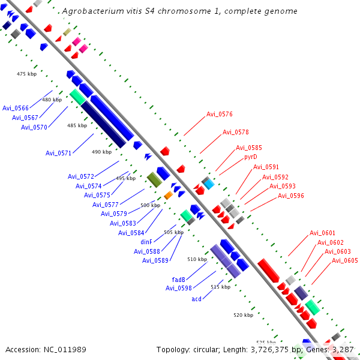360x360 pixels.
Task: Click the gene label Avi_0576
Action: [x=219, y=114]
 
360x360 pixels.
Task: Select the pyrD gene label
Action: [x=250, y=157]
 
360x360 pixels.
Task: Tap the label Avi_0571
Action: [x=59, y=153]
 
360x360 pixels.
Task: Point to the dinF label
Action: [x=146, y=242]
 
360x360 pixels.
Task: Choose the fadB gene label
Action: [x=178, y=280]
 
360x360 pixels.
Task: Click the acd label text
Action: [x=196, y=299]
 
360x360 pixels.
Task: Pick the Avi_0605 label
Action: [x=345, y=260]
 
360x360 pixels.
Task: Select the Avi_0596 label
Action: [x=290, y=196]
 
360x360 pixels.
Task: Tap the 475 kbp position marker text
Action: [x=26, y=74]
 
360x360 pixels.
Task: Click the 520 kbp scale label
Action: [x=244, y=315]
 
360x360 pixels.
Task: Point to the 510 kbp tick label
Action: [x=197, y=259]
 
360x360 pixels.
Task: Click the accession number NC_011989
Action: [x=65, y=350]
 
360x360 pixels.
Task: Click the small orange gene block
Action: [x=168, y=195]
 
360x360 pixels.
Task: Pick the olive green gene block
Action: [x=155, y=180]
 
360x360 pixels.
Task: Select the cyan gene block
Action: [x=209, y=184]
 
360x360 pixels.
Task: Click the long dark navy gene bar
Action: [x=104, y=124]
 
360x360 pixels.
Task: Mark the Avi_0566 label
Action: [x=16, y=108]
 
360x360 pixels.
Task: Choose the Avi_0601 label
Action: [x=322, y=233]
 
